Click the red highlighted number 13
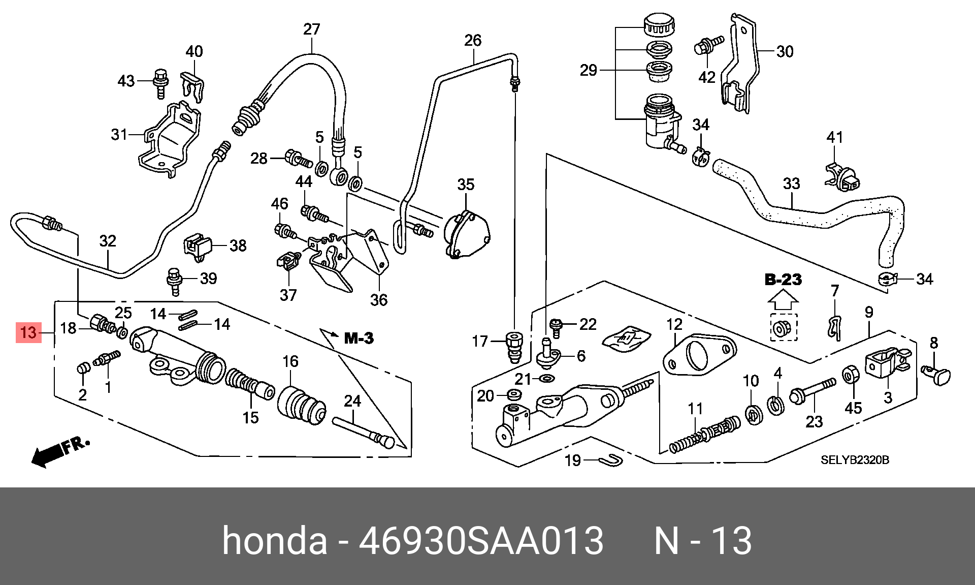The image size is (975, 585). point(28,332)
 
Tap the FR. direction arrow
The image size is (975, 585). point(59,451)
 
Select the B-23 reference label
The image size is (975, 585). point(783,280)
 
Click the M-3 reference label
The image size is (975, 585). point(359,338)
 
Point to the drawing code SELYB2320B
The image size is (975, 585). point(855,460)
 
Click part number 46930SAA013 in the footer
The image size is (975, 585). point(481,540)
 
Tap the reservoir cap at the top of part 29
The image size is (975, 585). point(659,25)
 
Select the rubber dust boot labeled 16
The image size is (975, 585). point(302,407)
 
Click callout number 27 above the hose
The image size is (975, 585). point(312,29)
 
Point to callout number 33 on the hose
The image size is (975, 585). point(791,183)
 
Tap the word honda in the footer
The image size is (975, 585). point(274,540)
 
